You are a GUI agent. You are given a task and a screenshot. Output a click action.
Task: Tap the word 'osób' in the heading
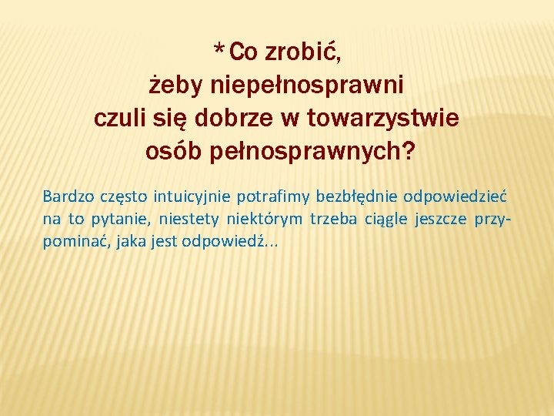[173, 152]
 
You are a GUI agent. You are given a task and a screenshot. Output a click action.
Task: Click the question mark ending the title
[407, 152]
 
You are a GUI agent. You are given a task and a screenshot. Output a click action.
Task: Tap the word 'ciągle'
[385, 220]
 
